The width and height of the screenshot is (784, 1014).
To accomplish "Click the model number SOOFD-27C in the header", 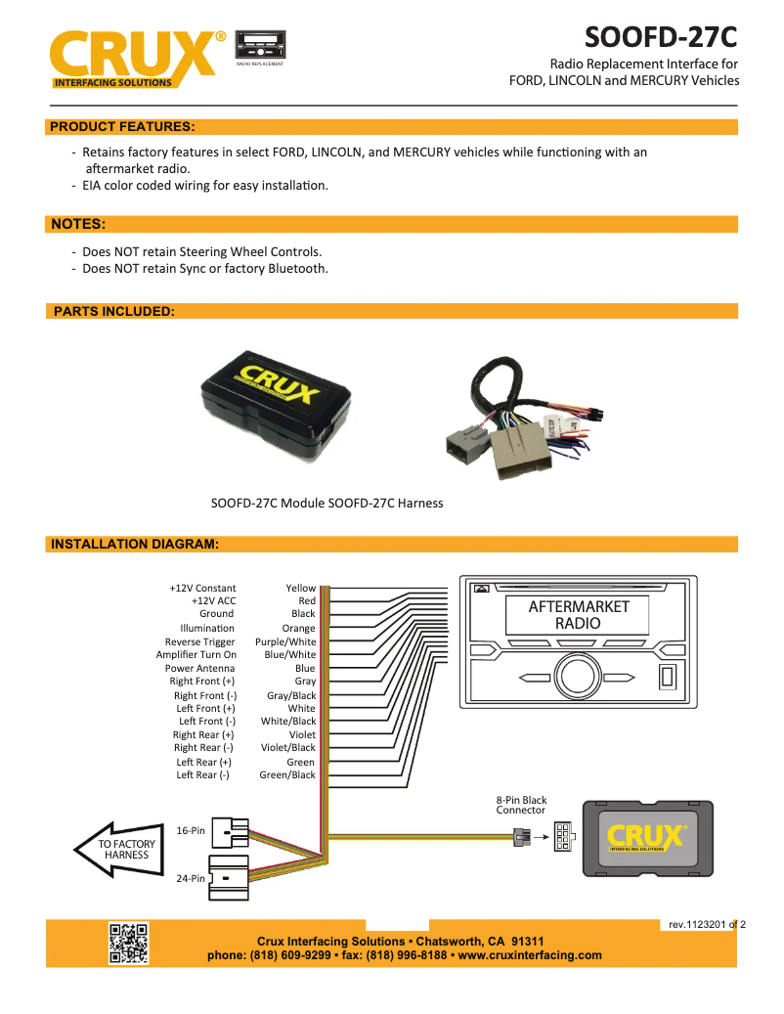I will (x=660, y=38).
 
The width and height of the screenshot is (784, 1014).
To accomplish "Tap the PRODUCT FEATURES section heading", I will (x=122, y=127).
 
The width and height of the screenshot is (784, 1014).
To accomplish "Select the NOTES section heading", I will (x=78, y=224).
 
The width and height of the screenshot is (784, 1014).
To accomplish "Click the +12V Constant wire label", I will (x=202, y=589).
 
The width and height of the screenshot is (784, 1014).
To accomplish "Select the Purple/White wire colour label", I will (x=285, y=642).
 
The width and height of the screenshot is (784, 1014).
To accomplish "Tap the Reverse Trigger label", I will (x=199, y=642).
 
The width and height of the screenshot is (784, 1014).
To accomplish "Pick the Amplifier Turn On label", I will (x=196, y=655).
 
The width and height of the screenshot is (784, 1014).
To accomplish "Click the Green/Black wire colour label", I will (x=287, y=775).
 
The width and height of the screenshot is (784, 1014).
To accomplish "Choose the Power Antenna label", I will (x=199, y=669).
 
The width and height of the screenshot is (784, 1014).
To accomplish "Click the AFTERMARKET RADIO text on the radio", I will (x=579, y=615).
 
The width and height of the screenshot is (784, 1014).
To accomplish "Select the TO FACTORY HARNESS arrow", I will (x=118, y=849).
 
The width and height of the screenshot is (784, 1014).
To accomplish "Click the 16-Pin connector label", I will (x=191, y=831).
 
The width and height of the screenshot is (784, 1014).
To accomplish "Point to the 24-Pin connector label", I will (x=191, y=879).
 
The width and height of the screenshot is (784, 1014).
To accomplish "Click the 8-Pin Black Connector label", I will (x=521, y=805).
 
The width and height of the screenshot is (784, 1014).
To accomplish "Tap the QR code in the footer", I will (x=128, y=944).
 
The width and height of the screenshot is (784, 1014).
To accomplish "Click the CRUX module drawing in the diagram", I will (x=647, y=837).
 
